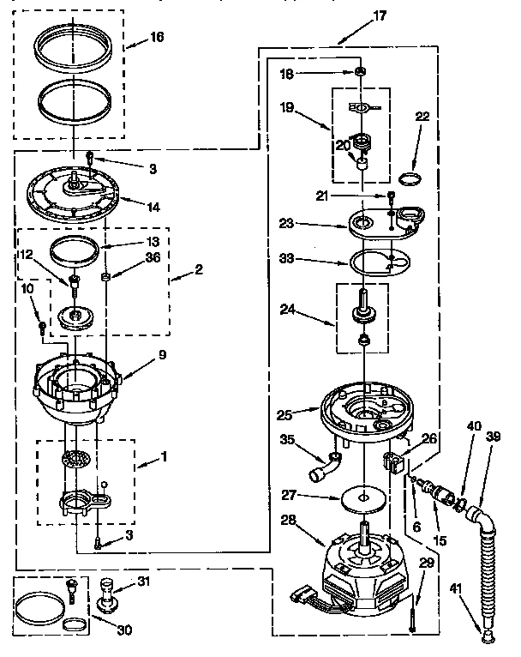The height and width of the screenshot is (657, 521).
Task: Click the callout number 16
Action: pyautogui.click(x=156, y=37)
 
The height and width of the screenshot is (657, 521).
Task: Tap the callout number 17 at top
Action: pyautogui.click(x=356, y=14)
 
